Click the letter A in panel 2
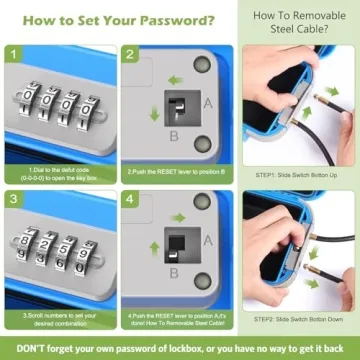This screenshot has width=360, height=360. [x=206, y=101]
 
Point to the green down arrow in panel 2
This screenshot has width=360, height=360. [x=155, y=113]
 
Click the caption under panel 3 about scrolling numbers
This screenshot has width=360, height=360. [x=59, y=318]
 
